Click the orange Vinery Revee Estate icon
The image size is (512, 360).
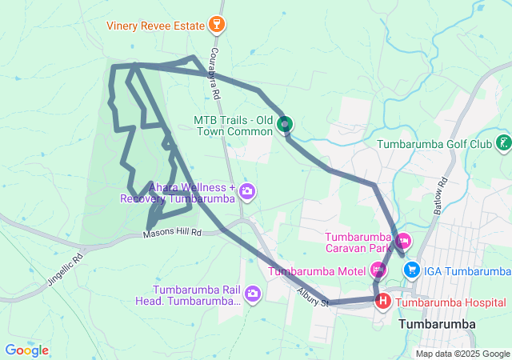214,26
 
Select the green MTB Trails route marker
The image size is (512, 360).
285,124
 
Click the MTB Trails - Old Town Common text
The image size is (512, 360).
233,125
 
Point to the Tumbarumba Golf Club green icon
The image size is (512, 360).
503,144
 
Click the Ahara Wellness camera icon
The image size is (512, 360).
247,191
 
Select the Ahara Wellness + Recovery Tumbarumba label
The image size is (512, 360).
178,193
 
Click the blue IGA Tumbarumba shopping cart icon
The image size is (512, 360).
411,270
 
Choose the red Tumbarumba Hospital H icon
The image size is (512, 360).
383,302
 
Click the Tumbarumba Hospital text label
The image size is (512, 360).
451,302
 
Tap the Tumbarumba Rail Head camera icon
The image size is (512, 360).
253,294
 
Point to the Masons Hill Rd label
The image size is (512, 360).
173,234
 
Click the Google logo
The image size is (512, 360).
27,350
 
